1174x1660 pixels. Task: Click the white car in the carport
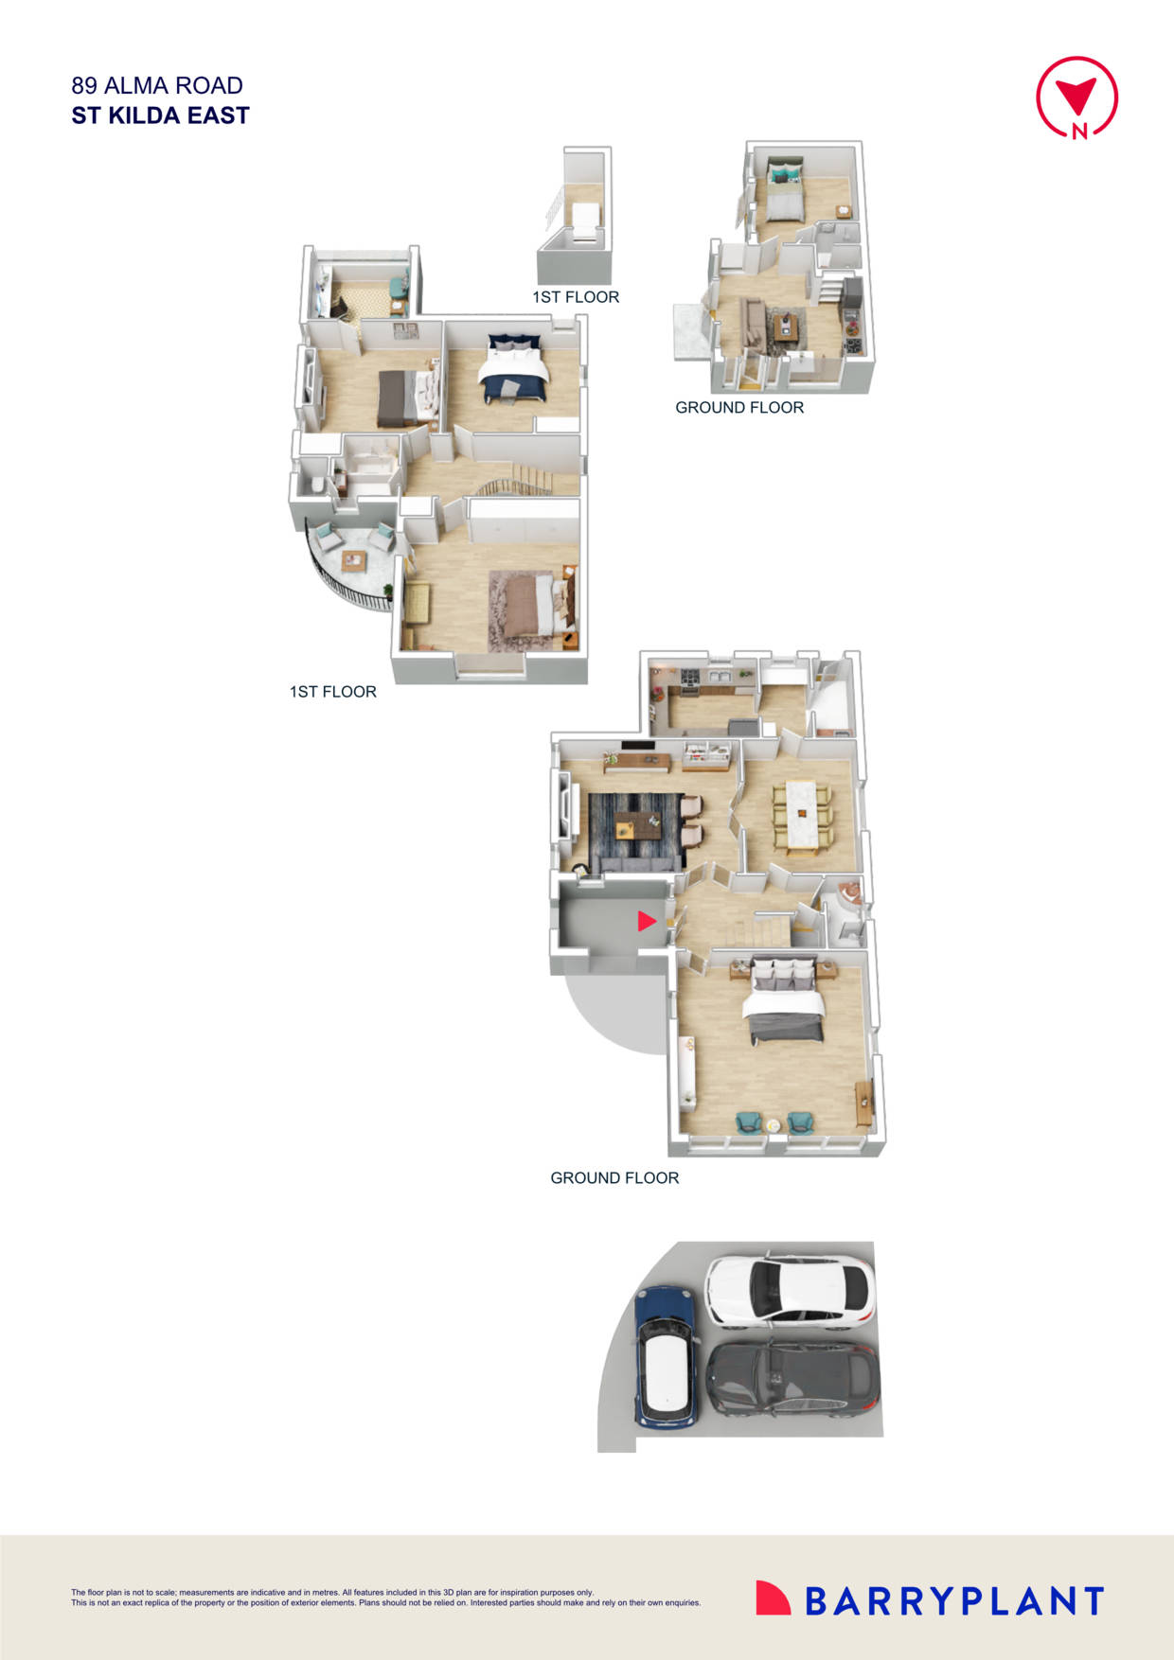pos(789,1291)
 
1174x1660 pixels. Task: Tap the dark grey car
pos(793,1380)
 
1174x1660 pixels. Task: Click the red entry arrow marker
pos(647,920)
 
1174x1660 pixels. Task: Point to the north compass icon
pos(1076,97)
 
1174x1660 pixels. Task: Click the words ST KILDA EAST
pos(160,115)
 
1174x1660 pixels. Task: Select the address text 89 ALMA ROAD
pos(157,85)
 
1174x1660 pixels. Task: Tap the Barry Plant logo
pos(929,1599)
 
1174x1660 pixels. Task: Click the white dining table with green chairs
pos(801,815)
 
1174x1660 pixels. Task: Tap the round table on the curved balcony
pos(355,560)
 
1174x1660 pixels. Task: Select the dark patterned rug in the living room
pos(633,831)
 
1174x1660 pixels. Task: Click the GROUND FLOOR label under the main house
pos(614,1177)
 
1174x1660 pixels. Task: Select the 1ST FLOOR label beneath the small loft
pos(576,297)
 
